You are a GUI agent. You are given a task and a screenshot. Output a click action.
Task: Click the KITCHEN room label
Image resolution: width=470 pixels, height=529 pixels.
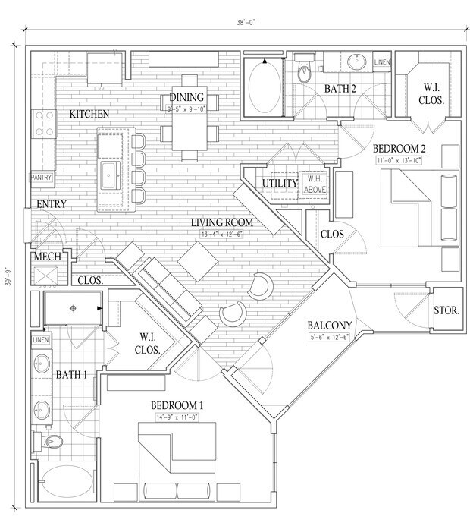(89, 114)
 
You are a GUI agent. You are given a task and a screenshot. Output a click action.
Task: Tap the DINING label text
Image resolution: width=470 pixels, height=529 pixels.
(186, 97)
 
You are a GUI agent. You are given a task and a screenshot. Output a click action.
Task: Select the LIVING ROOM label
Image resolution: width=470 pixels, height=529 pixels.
(221, 222)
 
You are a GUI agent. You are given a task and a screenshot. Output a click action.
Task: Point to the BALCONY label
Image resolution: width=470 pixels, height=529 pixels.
(328, 326)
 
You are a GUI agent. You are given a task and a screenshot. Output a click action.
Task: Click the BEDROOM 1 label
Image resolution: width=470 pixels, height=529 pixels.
(177, 405)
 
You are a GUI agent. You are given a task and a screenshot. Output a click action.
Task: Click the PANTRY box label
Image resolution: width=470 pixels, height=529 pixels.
(41, 177)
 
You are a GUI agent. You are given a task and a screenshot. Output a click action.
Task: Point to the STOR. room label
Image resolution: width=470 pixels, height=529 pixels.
(444, 310)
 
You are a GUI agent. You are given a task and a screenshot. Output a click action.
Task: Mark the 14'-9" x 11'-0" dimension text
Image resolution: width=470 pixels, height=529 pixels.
(177, 416)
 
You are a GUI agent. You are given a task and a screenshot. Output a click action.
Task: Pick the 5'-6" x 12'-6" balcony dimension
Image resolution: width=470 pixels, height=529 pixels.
(328, 338)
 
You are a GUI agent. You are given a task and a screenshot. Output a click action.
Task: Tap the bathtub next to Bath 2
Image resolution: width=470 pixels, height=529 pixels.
(264, 87)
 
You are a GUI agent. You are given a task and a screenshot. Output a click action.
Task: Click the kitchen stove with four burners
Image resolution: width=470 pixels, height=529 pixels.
(42, 123)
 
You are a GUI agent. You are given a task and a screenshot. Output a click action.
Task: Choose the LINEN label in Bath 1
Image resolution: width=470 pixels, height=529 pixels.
(41, 339)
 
